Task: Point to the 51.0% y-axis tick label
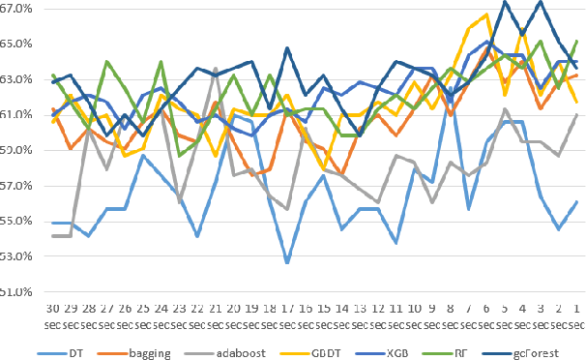[x=19, y=290]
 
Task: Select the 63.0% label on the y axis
[x=19, y=79]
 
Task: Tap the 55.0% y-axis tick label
[x=19, y=220]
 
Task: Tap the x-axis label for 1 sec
[x=576, y=306]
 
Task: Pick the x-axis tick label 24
[x=161, y=306]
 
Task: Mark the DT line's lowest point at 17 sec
[x=287, y=262]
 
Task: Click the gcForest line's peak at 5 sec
[x=505, y=2]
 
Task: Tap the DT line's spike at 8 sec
[x=451, y=87]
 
